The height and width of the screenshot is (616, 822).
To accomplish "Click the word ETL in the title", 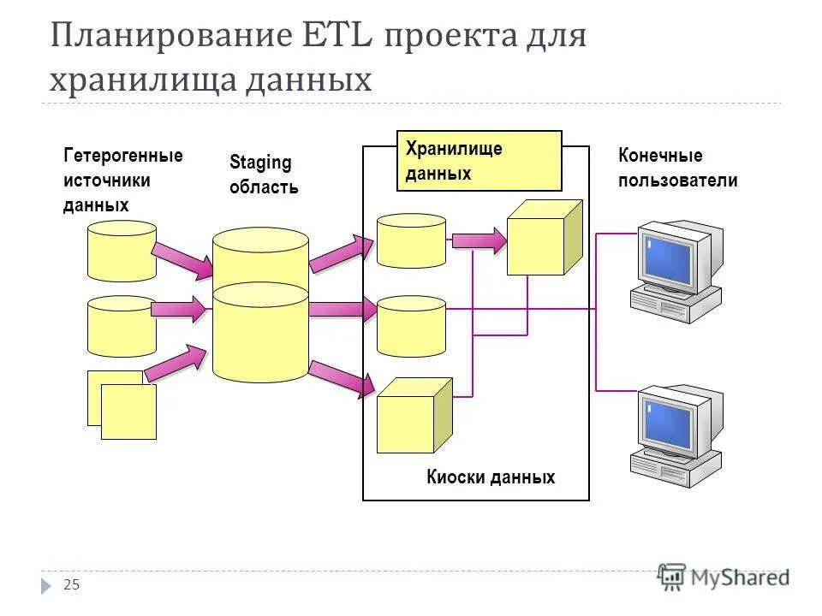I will click(337, 38).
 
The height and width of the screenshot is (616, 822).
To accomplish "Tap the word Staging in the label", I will click(260, 163).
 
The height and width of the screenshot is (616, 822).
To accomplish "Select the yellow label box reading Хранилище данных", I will click(479, 161).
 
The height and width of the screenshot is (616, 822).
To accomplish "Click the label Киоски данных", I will click(490, 477).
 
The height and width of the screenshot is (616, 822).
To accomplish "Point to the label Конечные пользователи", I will click(677, 168).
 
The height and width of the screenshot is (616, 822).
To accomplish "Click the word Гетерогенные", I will click(122, 156).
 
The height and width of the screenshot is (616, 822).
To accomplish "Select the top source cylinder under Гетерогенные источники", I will click(122, 251).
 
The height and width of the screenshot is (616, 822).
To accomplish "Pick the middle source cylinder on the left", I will click(122, 326).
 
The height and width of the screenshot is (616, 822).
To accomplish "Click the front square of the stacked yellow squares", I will click(128, 412).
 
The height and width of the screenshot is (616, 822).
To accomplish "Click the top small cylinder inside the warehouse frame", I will click(411, 240).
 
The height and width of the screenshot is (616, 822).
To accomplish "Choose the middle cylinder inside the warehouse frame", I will click(411, 325).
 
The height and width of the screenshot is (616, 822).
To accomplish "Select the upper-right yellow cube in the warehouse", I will click(543, 239).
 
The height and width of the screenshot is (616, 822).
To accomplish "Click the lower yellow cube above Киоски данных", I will click(413, 417).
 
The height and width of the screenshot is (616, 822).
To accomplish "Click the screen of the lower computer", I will click(669, 421).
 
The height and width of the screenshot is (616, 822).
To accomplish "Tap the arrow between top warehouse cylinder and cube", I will click(479, 240).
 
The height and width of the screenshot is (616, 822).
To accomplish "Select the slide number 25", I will click(72, 584).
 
